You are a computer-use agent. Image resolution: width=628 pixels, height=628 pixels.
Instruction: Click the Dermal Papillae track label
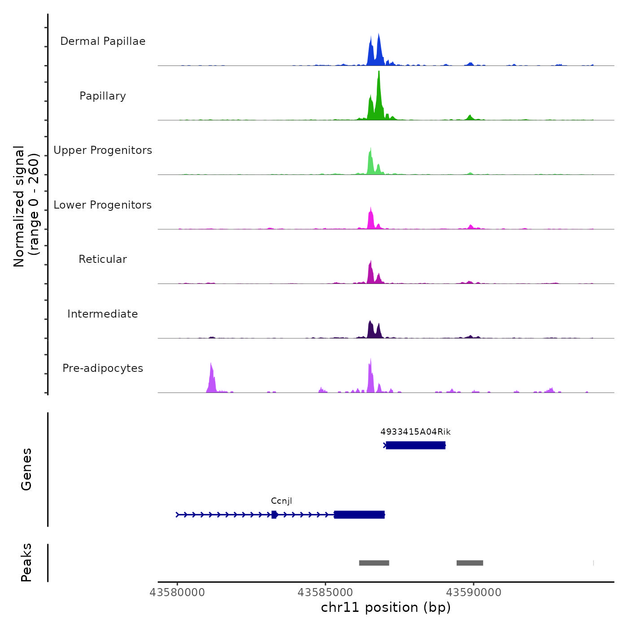pos(103,41)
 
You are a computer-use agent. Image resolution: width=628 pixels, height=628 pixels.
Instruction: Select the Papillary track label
pos(103,96)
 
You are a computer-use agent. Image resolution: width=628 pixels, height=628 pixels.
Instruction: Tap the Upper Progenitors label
pos(103,150)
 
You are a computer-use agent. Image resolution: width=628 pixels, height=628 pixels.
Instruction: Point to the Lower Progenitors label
pos(103,205)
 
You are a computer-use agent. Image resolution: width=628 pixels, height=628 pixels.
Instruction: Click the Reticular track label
pos(103,259)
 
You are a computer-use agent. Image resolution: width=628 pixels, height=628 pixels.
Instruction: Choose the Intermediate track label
pos(103,314)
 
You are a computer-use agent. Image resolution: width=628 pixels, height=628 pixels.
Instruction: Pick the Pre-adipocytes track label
pos(103,368)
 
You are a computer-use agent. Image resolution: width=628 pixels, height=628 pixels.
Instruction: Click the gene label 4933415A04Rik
pos(415,432)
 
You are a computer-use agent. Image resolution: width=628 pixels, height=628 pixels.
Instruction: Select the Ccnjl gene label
pos(281,501)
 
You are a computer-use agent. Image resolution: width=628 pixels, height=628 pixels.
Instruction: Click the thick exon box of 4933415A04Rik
pos(415,445)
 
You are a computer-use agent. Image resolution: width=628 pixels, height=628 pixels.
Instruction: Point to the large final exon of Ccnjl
pos(359,515)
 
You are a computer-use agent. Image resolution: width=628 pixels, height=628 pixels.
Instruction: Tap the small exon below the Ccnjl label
pos(274,515)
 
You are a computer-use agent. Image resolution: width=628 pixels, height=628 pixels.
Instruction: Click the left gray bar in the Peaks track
pos(374,563)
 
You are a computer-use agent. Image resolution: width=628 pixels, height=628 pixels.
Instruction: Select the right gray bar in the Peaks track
pos(470,563)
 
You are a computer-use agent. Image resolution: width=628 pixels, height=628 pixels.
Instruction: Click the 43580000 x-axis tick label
pos(177,593)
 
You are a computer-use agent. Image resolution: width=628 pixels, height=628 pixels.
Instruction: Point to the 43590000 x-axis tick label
pos(474,593)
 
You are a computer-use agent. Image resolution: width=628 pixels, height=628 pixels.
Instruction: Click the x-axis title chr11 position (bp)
pos(386,608)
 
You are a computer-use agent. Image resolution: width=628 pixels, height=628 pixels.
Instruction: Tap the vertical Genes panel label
pos(26,469)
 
